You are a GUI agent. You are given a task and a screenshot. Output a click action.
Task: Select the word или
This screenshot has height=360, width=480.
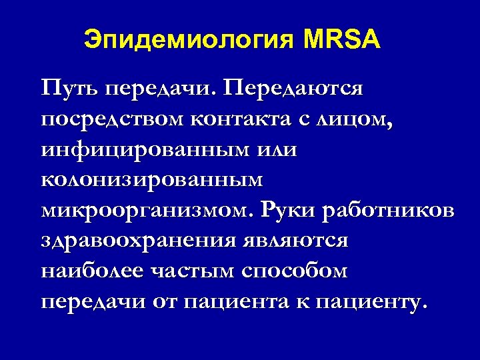click(x=275, y=150)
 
